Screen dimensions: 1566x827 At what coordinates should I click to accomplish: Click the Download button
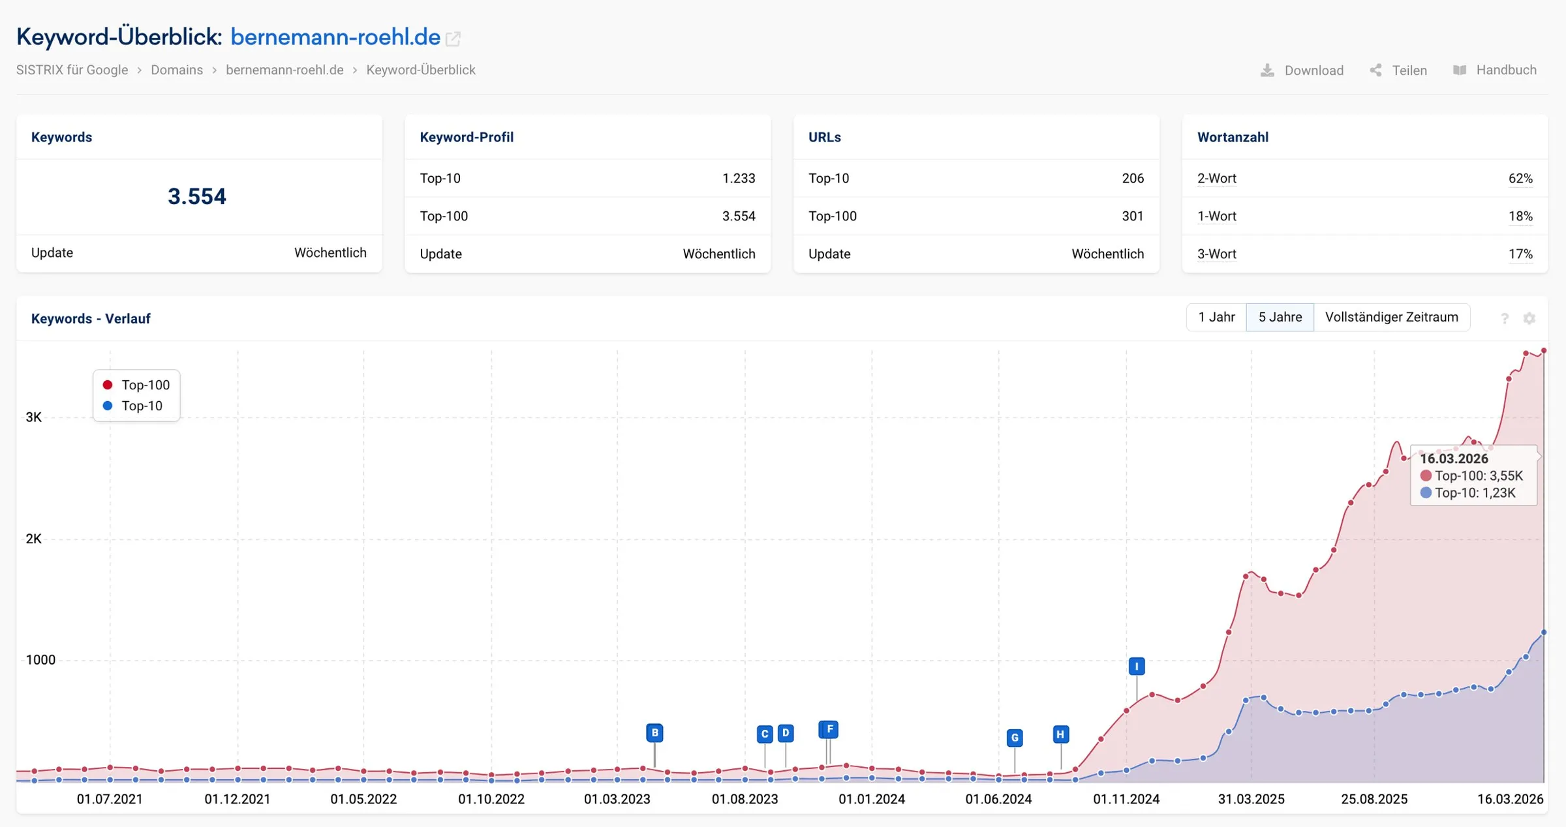pos(1302,70)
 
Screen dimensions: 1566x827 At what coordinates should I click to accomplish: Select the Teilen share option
pos(1398,70)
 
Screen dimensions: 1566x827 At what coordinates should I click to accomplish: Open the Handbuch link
pos(1495,70)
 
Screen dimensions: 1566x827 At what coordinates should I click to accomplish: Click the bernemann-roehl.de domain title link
pos(335,37)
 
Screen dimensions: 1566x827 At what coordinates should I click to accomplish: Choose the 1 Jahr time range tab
pos(1216,317)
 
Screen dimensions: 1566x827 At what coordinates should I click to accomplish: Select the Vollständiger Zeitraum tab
pos(1391,317)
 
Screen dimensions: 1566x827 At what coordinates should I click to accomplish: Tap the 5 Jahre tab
pos(1280,317)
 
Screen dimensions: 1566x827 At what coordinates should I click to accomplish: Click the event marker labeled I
pos(1137,666)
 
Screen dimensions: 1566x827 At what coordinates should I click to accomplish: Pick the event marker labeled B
pos(654,732)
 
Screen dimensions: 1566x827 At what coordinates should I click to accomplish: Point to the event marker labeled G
pos(1015,738)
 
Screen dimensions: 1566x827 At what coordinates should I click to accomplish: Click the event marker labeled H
pos(1061,734)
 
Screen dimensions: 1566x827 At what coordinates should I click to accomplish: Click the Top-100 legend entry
pos(136,385)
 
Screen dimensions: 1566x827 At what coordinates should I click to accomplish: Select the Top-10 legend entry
pos(133,406)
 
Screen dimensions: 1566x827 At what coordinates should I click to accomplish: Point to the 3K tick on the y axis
pos(33,417)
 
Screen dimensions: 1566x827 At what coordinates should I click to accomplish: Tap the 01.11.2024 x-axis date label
pos(1126,799)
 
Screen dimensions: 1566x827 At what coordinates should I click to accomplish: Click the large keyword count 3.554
pos(197,196)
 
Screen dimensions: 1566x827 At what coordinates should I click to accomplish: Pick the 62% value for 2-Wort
pos(1520,178)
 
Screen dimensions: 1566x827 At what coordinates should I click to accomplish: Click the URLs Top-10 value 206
pos(1133,178)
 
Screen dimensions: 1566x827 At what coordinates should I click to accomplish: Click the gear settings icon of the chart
pos(1529,318)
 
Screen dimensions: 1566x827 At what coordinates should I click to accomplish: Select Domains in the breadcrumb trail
pos(177,70)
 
